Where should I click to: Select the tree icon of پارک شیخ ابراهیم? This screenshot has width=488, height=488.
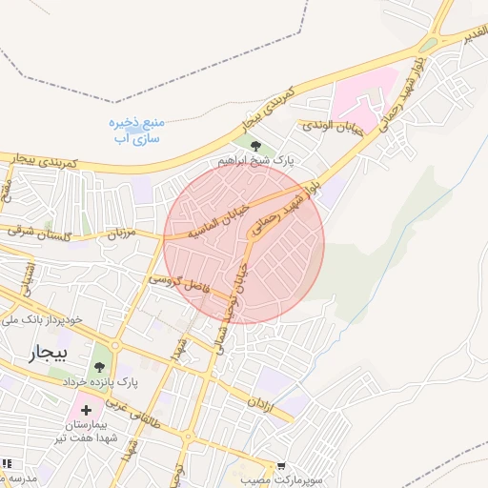(x=254, y=146)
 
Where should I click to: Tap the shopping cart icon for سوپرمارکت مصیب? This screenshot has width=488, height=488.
(x=280, y=465)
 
